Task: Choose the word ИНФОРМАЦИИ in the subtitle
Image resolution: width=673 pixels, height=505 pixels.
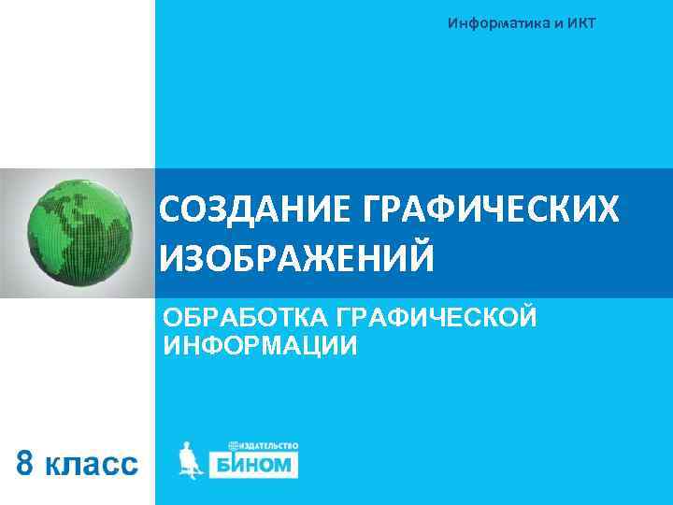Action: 260,346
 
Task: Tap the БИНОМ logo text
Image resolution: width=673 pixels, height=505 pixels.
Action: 263,464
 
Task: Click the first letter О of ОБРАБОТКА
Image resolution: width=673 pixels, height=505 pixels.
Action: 172,318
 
